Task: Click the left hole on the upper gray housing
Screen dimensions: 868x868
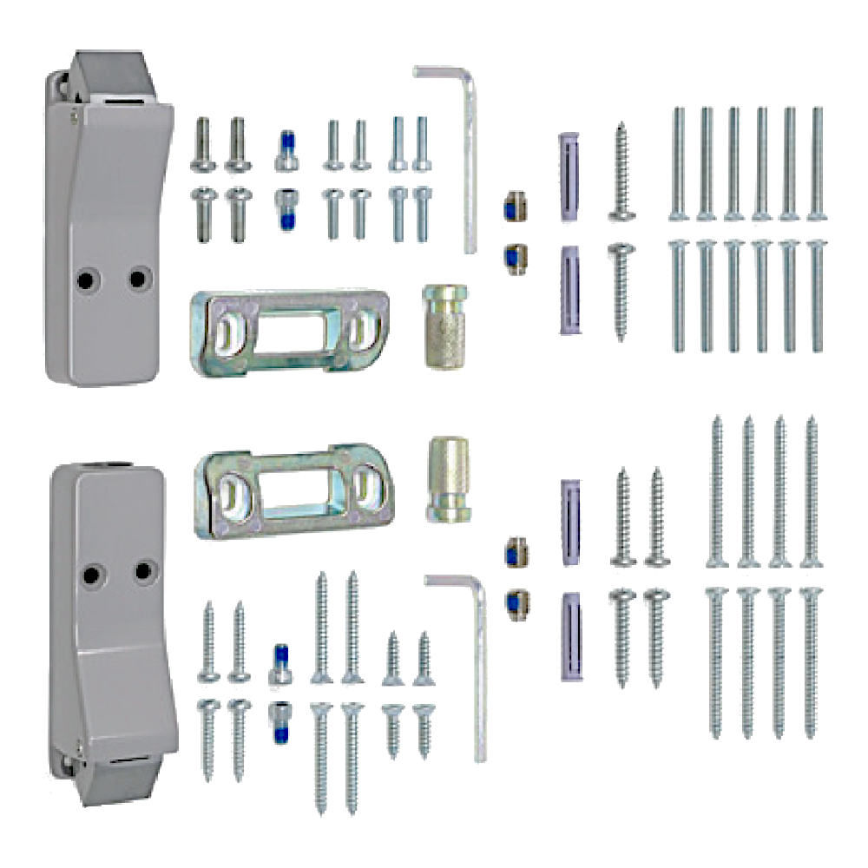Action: pyautogui.click(x=85, y=279)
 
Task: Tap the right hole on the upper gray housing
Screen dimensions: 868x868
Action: pyautogui.click(x=136, y=279)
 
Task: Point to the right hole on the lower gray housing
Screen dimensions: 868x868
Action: pyautogui.click(x=142, y=571)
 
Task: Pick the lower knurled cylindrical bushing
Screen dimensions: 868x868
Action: pyautogui.click(x=449, y=479)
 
